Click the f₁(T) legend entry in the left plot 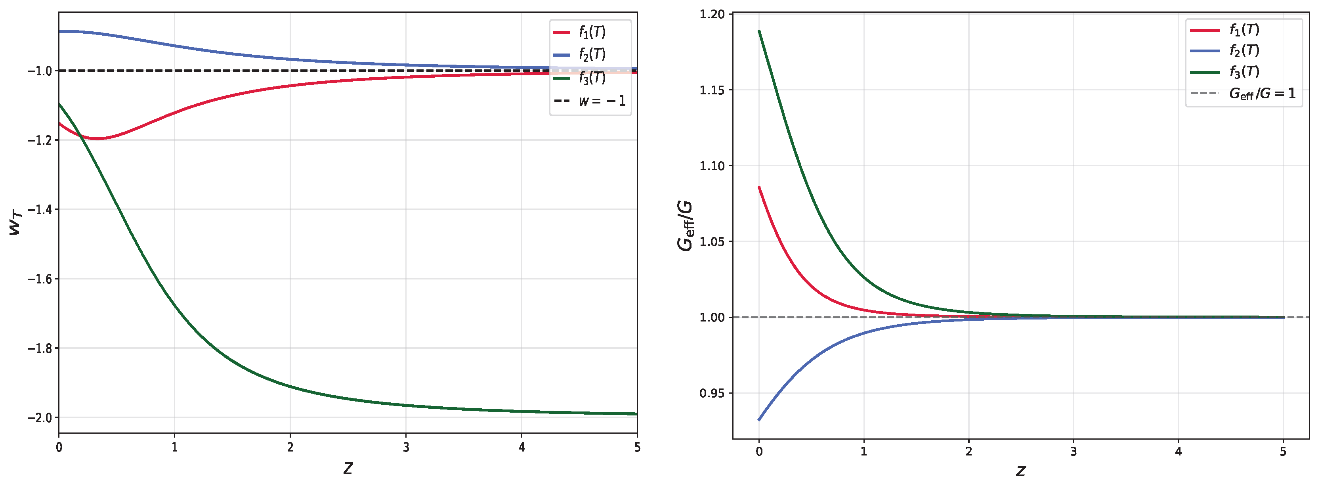point(579,32)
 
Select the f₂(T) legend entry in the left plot point(579,54)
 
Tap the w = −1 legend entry point(589,101)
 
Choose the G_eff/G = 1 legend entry point(1243,94)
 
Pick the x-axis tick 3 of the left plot point(406,448)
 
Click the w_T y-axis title point(16,224)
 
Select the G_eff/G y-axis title point(685,226)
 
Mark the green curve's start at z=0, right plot point(759,31)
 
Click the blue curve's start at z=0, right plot point(759,420)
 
